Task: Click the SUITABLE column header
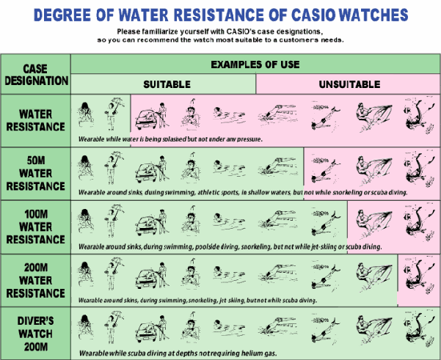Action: point(167,84)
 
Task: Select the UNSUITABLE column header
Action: point(349,84)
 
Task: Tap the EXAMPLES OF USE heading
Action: point(255,65)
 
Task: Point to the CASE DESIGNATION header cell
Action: point(36,75)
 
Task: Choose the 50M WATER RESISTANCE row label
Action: point(36,173)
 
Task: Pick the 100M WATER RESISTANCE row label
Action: point(36,227)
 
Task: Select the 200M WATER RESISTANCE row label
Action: point(36,280)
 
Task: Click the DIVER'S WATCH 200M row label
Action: point(36,334)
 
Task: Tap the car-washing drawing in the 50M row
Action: point(152,169)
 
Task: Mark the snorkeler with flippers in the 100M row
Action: point(326,223)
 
